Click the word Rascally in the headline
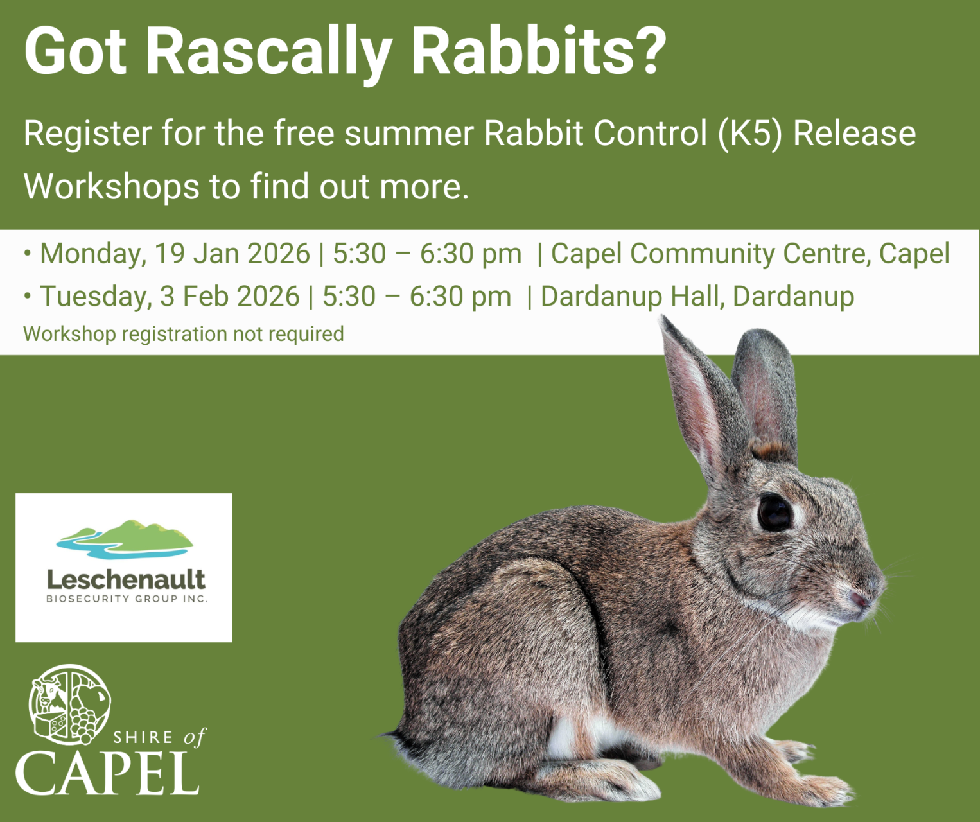pos(268,51)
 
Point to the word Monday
pos(92,254)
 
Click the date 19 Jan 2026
pos(232,254)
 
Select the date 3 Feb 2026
pos(229,297)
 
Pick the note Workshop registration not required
pos(184,334)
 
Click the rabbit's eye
pos(774,512)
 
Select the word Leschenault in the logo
pos(126,580)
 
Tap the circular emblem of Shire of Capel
pos(69,704)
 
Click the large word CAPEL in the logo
pos(107,774)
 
